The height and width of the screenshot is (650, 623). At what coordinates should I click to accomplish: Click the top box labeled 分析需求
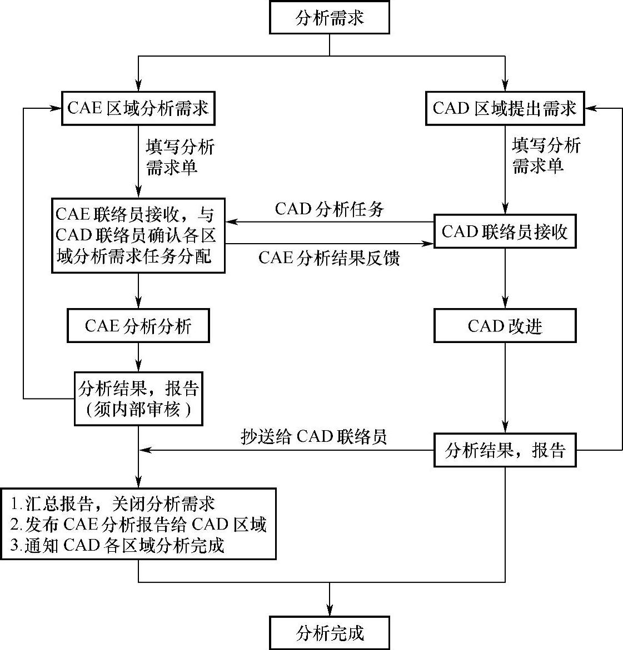[330, 18]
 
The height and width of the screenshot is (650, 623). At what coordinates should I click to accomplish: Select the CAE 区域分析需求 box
[138, 108]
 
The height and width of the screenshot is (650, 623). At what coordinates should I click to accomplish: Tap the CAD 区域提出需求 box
[505, 108]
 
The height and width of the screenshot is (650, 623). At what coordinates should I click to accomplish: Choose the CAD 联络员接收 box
[505, 231]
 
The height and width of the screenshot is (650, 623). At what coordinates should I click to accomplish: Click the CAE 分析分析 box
[138, 326]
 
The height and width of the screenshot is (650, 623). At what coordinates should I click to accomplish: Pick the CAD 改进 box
[505, 326]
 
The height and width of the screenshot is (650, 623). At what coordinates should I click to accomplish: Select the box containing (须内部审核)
[138, 399]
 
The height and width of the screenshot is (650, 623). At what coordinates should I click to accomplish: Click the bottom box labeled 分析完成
[330, 632]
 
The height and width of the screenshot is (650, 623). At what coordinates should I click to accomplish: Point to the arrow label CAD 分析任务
[329, 209]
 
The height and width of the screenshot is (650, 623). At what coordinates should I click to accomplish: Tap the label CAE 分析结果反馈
[329, 258]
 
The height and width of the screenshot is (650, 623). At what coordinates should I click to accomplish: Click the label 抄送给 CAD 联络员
[313, 437]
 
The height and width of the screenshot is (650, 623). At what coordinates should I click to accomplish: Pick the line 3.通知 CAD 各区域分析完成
[117, 545]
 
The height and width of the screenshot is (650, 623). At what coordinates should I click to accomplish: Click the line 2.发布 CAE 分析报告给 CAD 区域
[138, 525]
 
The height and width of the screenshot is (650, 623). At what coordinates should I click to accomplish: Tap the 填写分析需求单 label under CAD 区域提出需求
[545, 156]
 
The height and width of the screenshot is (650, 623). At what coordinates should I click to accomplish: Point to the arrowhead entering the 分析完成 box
[330, 609]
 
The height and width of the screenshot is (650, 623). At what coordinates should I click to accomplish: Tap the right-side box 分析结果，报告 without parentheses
[505, 450]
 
